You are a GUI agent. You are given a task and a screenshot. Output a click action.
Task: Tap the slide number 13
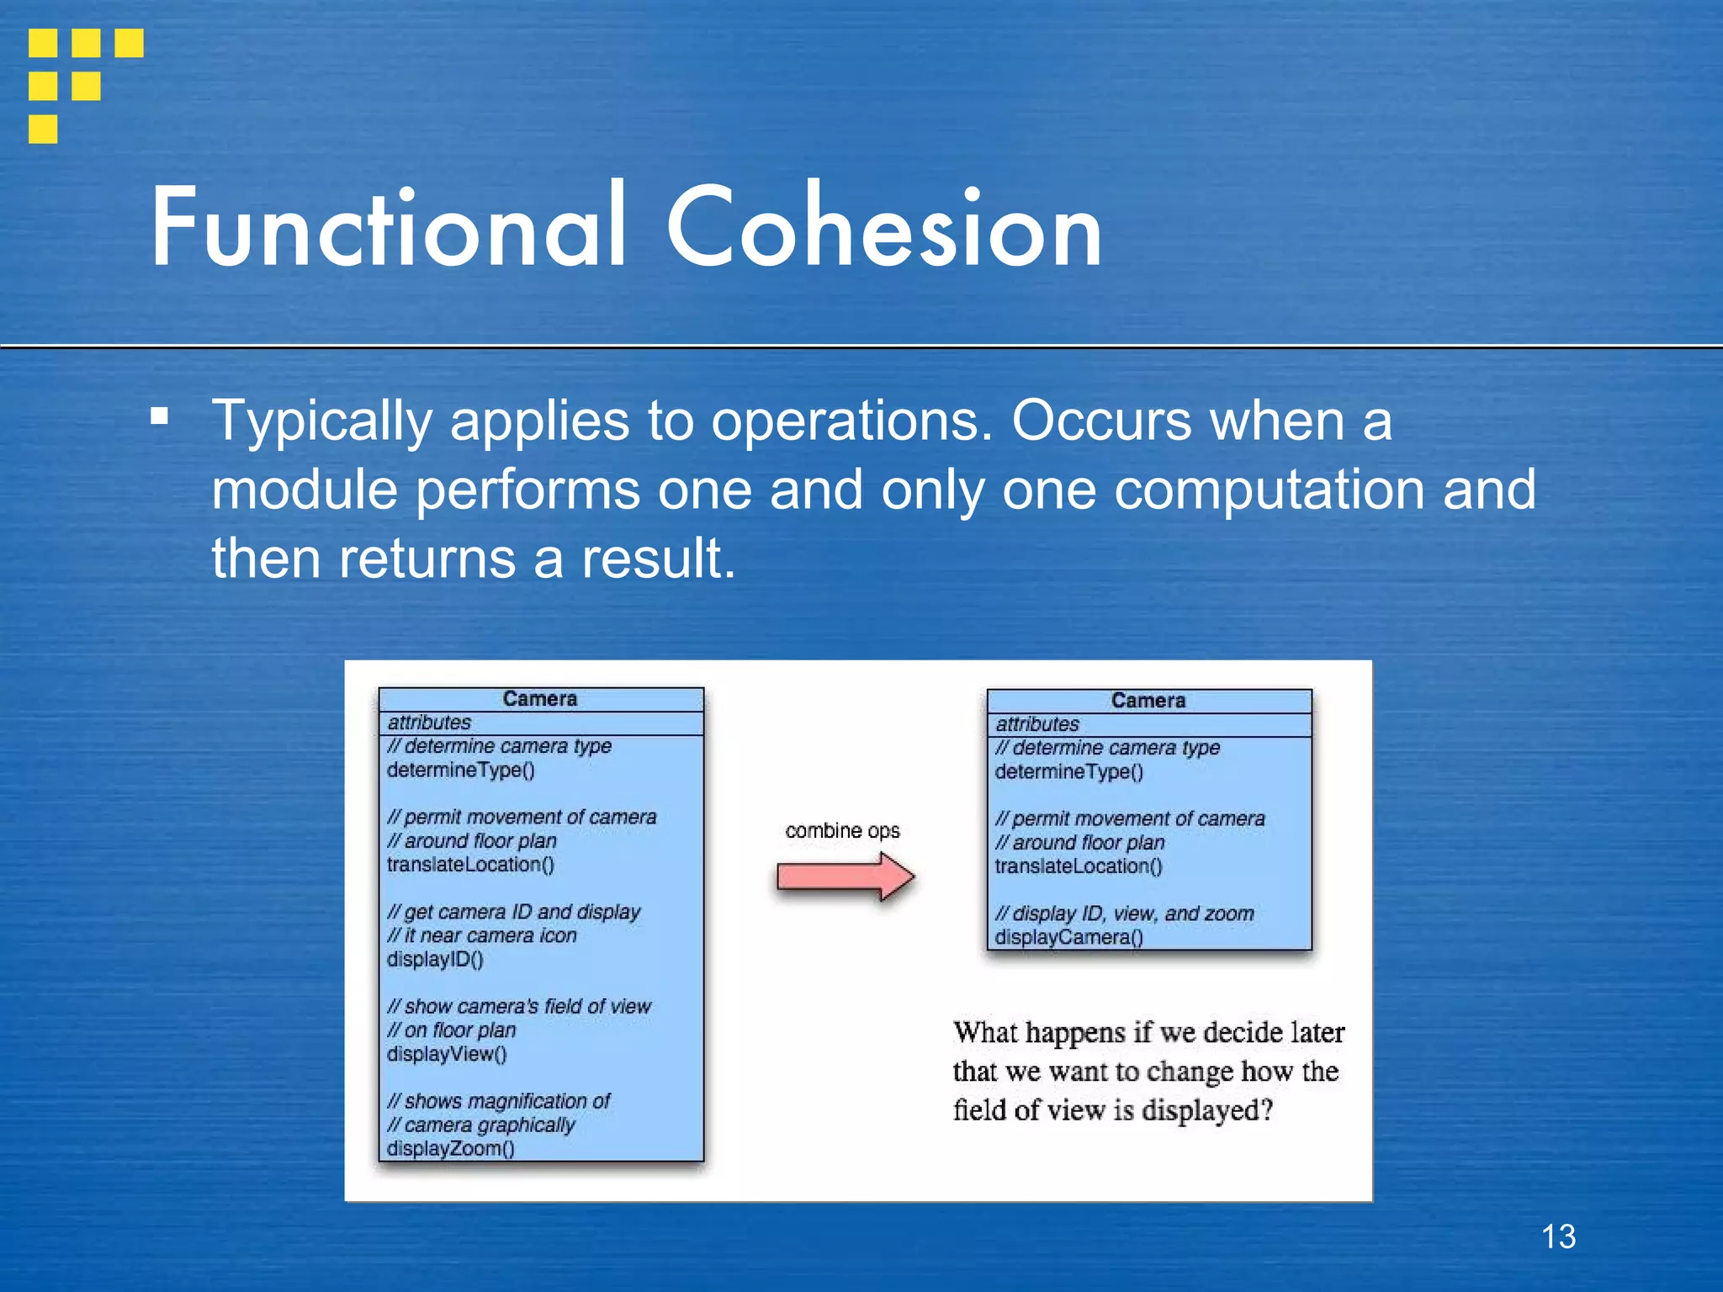point(1558,1236)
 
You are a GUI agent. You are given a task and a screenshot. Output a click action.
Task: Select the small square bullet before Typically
point(159,416)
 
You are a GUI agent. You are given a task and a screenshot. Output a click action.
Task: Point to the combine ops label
point(842,831)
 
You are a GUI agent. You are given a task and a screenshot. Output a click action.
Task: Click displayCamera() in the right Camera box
point(1068,937)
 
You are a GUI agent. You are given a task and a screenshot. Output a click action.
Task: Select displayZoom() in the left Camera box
point(450,1149)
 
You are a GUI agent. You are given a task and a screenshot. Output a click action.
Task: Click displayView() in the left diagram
point(447,1054)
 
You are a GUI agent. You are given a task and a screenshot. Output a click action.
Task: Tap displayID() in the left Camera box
point(435,960)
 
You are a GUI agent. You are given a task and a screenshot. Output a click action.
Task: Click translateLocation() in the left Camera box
point(470,865)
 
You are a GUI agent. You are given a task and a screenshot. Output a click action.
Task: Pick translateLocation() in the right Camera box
point(1078,866)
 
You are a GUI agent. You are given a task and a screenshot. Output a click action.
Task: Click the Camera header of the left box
point(540,699)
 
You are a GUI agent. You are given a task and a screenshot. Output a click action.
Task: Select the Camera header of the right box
point(1148,701)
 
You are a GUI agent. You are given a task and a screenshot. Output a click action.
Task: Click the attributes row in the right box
point(1037,724)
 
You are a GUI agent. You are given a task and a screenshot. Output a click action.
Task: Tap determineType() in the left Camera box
point(460,770)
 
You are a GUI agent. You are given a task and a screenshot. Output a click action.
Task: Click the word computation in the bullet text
point(1270,490)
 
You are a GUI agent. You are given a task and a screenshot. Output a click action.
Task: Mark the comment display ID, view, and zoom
point(1124,913)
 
